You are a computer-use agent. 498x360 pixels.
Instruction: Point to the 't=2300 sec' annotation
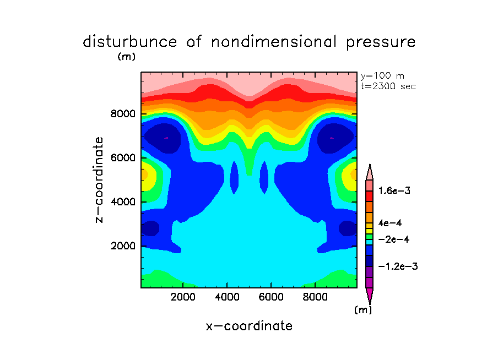[388, 86]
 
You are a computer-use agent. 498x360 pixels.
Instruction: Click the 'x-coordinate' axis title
[249, 326]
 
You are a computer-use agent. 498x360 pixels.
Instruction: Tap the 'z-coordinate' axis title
[100, 180]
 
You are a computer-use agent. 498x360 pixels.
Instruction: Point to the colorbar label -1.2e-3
[399, 266]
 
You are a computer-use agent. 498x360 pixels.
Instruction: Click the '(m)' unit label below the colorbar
[362, 310]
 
